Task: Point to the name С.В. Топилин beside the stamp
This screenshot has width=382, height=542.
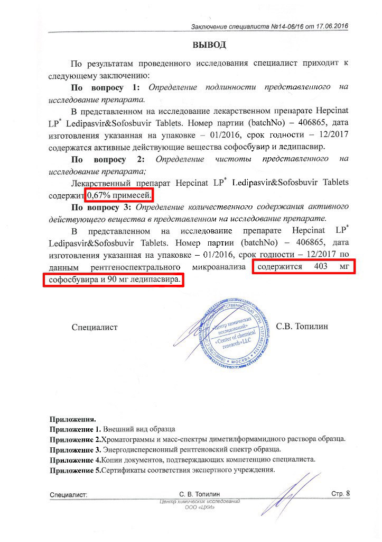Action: [302, 326]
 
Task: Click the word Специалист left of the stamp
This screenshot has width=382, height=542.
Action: [95, 327]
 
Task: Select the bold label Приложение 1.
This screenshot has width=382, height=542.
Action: [75, 429]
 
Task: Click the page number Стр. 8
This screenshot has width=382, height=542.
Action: [340, 493]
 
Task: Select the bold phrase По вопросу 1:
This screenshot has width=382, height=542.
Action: [106, 86]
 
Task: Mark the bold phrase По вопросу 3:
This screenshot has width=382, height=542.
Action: [106, 206]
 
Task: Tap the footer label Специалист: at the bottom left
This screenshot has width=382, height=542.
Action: [69, 495]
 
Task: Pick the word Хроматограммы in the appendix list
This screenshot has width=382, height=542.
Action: [130, 439]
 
